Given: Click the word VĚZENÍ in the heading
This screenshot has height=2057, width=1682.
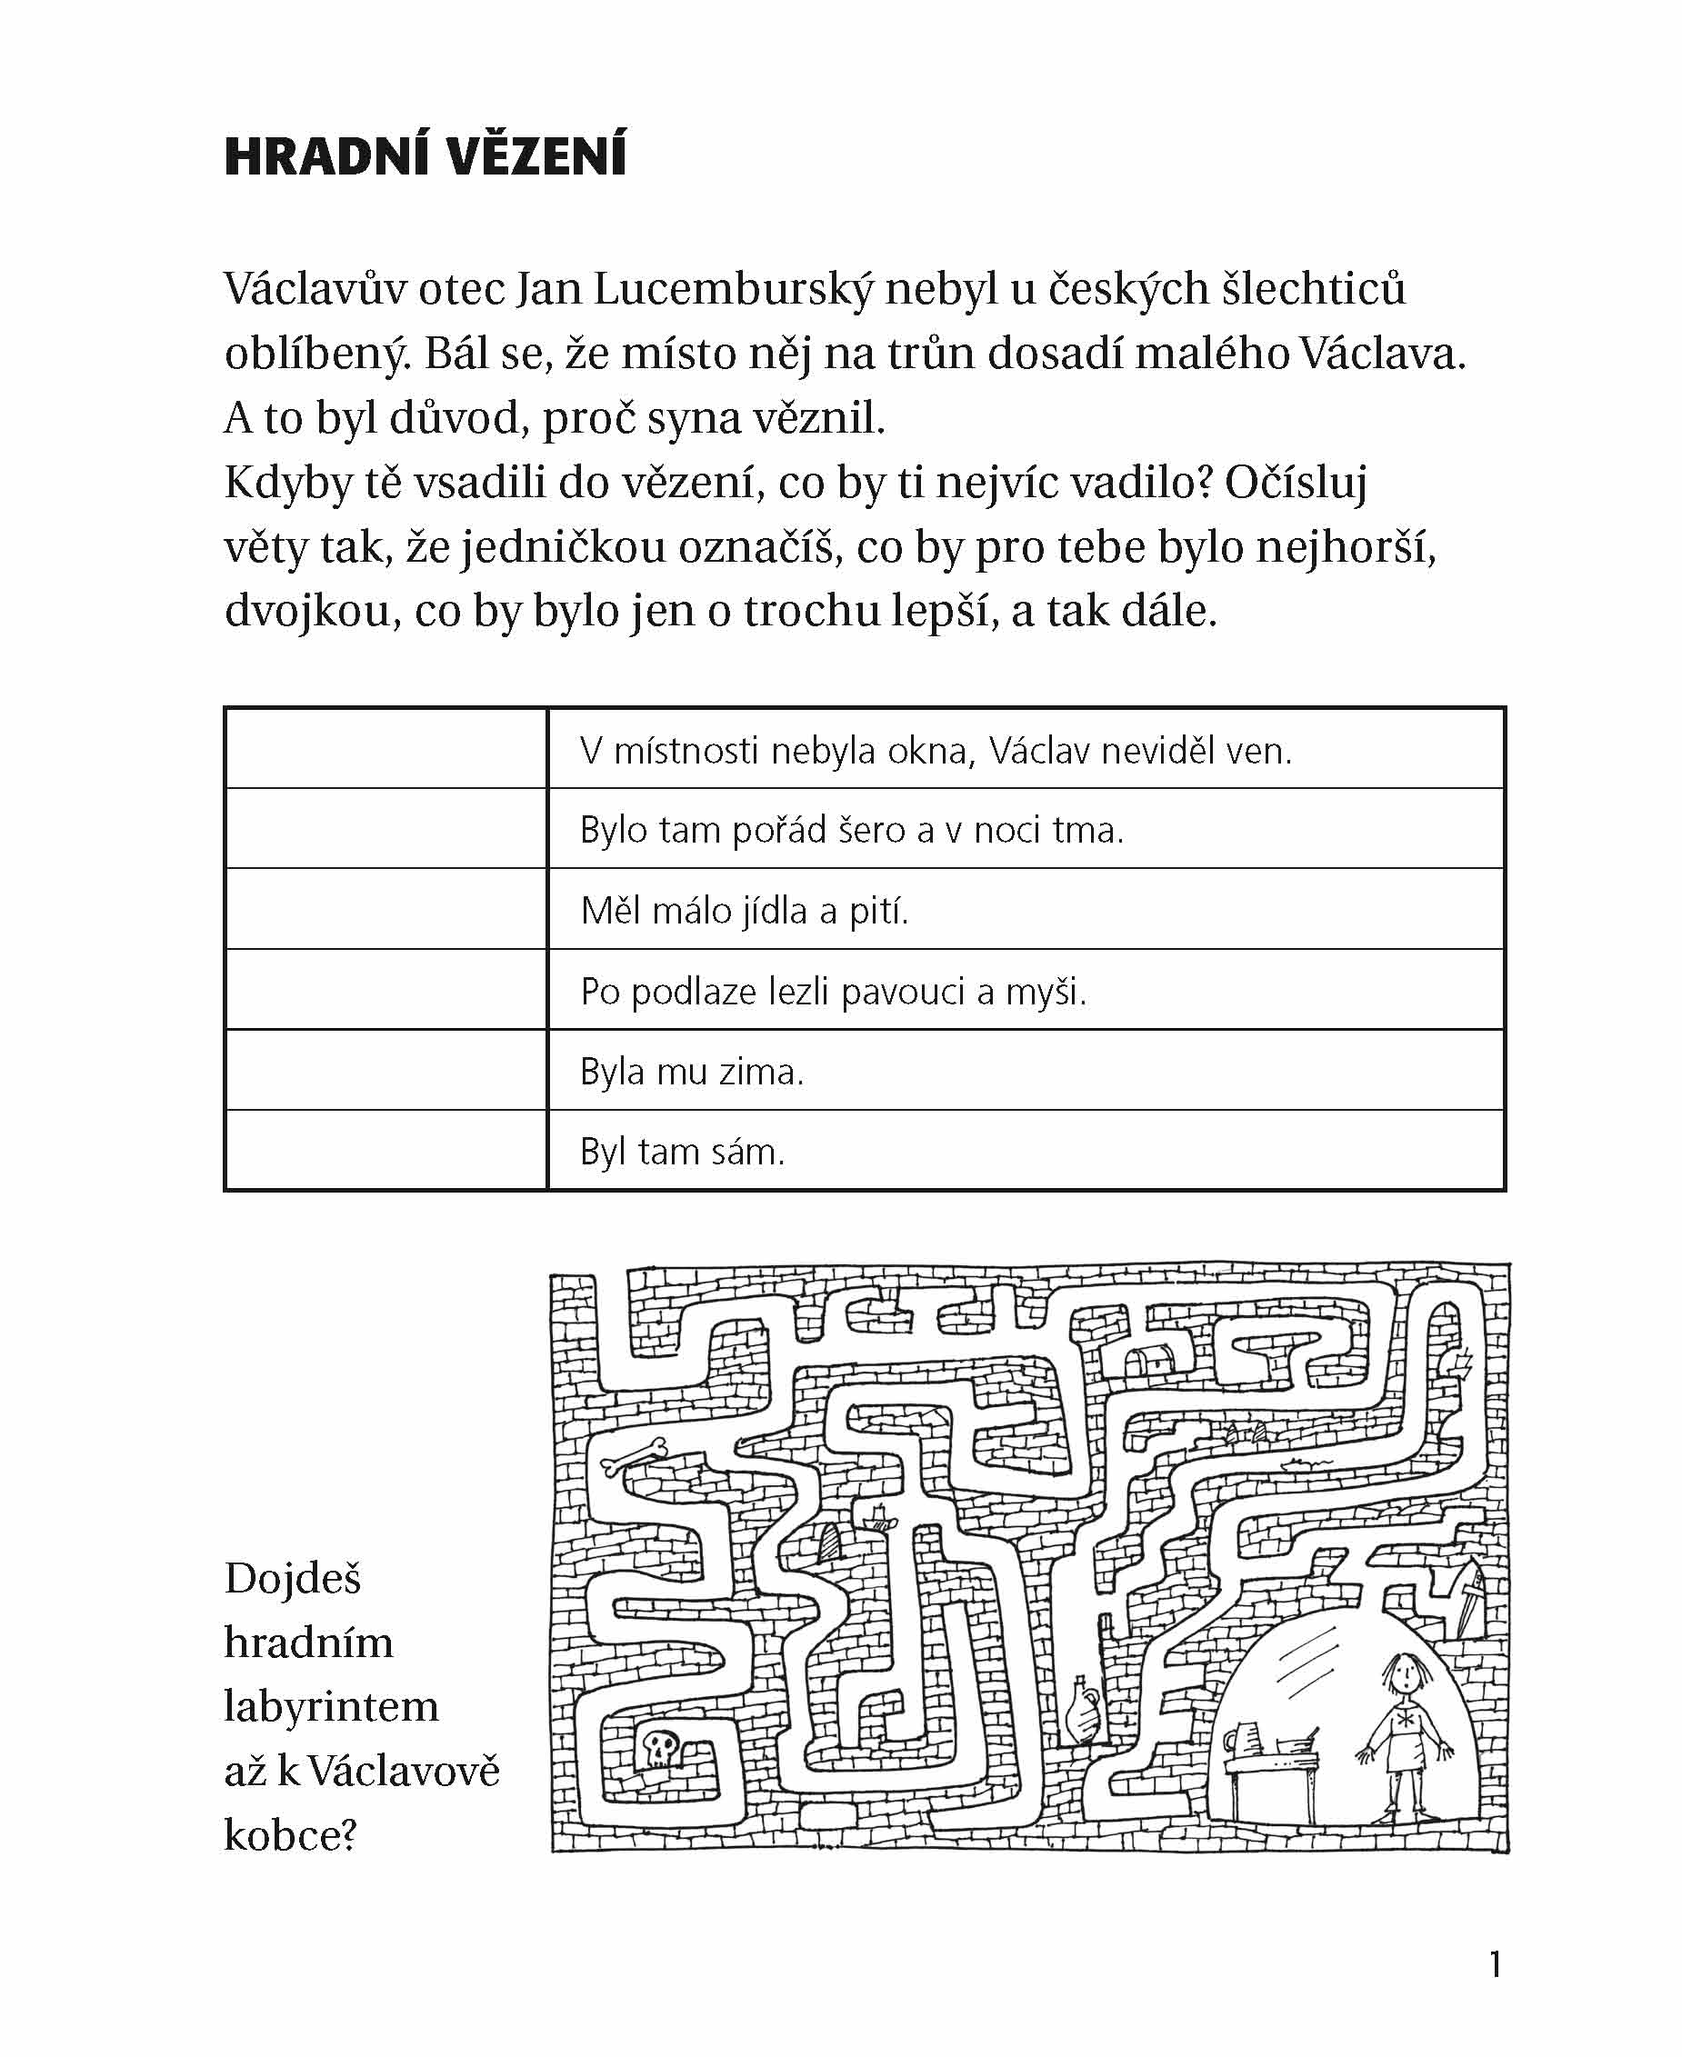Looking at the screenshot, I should coord(536,156).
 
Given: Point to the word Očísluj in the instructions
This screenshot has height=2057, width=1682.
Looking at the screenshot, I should coord(1296,483).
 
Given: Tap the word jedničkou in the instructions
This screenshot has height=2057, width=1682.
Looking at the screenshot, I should coord(563,548).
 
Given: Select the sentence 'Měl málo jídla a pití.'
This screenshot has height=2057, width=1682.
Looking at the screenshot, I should coord(744,911).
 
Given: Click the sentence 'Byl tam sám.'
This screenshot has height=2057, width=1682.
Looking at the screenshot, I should coord(682,1152).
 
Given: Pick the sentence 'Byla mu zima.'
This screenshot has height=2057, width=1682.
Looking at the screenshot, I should coord(692,1071).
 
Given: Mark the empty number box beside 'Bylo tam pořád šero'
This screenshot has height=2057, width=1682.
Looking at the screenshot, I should coord(385,829).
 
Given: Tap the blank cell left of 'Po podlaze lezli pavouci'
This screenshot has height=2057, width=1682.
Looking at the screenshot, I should coord(385,990).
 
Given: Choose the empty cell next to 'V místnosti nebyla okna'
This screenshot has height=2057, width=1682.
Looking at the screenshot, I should coord(385,749).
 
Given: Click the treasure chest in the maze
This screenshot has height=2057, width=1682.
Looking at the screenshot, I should coord(1150,1358).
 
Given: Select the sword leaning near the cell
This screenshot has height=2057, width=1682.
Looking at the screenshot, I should coord(1469,1603).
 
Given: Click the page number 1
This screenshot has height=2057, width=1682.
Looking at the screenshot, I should coord(1496,1964).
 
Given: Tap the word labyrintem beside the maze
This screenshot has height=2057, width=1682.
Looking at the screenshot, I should coord(331,1706).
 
